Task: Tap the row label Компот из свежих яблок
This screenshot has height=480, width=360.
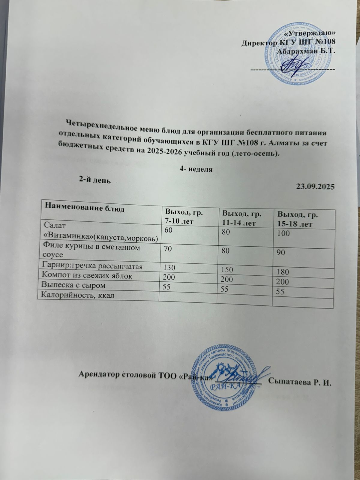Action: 87,275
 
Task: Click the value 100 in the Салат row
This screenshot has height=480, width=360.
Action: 283,233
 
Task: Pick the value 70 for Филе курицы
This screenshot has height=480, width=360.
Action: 167,248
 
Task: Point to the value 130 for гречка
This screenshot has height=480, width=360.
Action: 169,267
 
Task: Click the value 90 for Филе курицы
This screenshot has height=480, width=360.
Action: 281,253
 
